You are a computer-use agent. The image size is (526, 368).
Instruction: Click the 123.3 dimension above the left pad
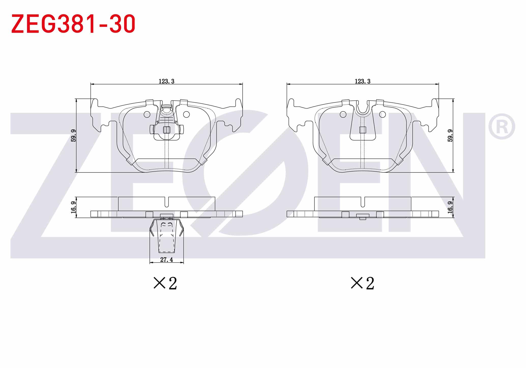(167, 81)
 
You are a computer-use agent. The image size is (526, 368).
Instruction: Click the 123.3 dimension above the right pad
(363, 81)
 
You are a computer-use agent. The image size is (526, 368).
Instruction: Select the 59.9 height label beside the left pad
(74, 135)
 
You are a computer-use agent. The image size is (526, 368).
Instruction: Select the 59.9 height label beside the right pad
(450, 135)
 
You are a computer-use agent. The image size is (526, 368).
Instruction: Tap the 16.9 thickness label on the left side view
(74, 207)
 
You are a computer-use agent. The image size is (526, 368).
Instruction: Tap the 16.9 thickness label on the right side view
(450, 207)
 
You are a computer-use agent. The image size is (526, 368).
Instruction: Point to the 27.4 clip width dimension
(167, 259)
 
